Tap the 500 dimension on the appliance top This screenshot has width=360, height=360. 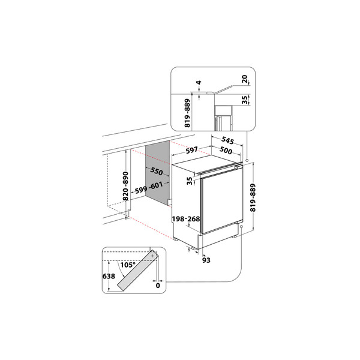pyautogui.click(x=226, y=151)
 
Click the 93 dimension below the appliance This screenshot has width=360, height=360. pyautogui.click(x=206, y=260)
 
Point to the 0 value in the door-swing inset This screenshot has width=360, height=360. pyautogui.click(x=158, y=287)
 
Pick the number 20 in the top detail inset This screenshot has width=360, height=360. pyautogui.click(x=245, y=79)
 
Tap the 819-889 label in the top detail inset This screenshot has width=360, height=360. pyautogui.click(x=187, y=112)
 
